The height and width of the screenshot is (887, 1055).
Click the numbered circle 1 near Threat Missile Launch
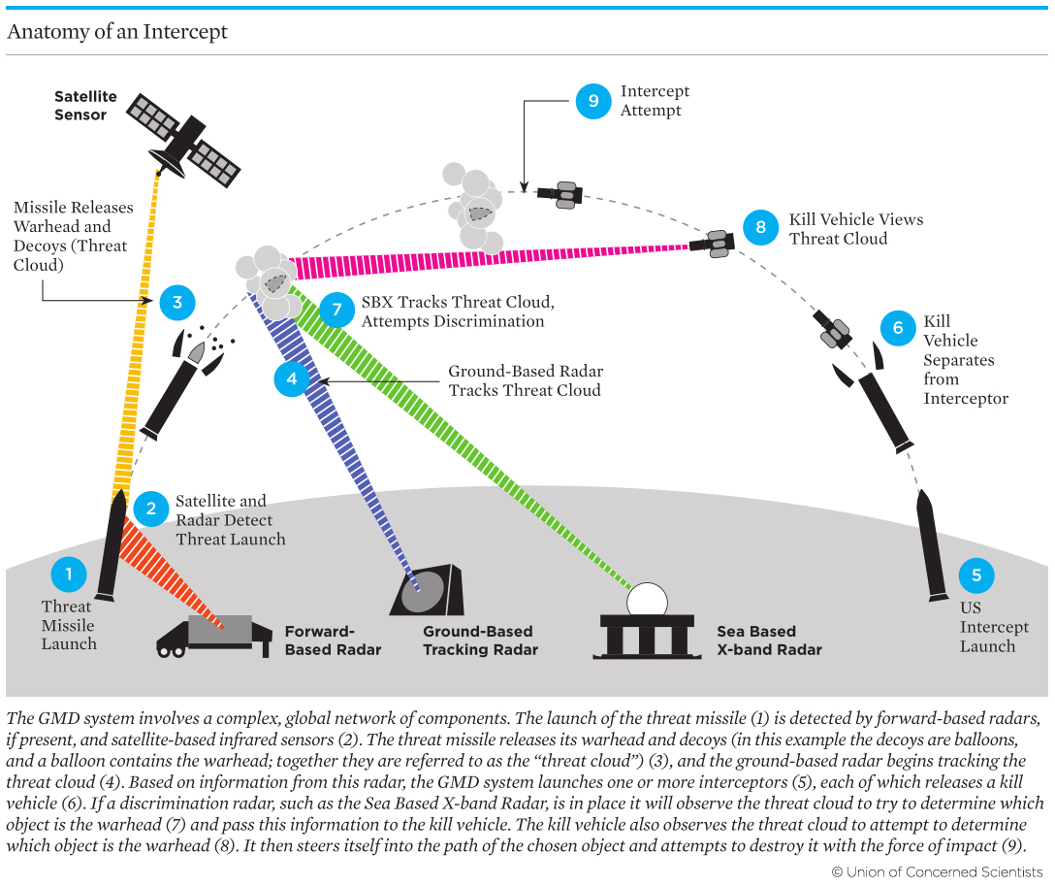click(x=68, y=575)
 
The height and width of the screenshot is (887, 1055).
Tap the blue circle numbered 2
click(x=150, y=508)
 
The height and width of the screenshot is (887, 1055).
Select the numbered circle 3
click(x=177, y=303)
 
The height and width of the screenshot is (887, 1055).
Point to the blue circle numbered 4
click(x=292, y=378)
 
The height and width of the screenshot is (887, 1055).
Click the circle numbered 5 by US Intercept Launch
click(x=976, y=575)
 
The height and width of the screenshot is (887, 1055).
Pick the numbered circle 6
click(x=898, y=328)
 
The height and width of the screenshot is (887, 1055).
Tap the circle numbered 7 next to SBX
click(x=336, y=310)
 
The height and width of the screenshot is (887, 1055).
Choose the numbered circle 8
click(x=761, y=227)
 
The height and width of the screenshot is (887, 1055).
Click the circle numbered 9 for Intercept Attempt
click(x=593, y=101)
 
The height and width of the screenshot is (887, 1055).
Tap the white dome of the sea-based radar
click(x=646, y=600)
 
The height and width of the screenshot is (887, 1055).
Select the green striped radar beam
click(x=456, y=437)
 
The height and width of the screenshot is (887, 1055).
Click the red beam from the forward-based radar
click(x=170, y=582)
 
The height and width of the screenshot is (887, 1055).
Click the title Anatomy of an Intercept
click(x=117, y=31)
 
